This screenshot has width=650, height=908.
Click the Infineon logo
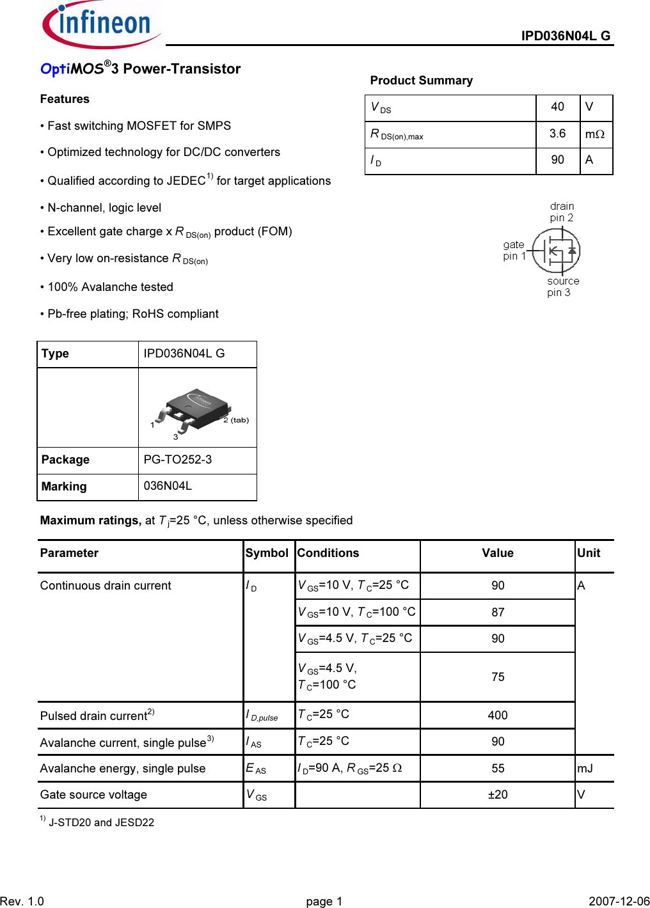100,24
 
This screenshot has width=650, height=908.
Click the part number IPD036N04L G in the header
566,36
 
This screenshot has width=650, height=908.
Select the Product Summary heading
421,81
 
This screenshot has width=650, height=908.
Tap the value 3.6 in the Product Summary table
557,134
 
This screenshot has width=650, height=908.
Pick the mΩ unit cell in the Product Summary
595,134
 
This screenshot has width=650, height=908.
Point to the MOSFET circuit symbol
557,251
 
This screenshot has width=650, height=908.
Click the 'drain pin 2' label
562,212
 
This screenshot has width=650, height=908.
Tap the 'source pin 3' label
562,286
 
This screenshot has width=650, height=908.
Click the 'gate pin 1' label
514,250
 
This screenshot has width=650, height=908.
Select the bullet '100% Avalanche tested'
110,287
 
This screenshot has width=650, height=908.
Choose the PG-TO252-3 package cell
178,460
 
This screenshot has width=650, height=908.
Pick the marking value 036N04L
168,486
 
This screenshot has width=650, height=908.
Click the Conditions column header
328,553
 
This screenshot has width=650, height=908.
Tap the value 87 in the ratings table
498,613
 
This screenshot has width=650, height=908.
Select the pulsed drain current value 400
498,716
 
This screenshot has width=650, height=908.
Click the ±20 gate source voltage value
498,795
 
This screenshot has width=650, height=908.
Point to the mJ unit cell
585,769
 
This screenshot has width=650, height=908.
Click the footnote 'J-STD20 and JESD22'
101,822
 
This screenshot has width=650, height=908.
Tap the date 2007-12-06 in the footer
619,901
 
